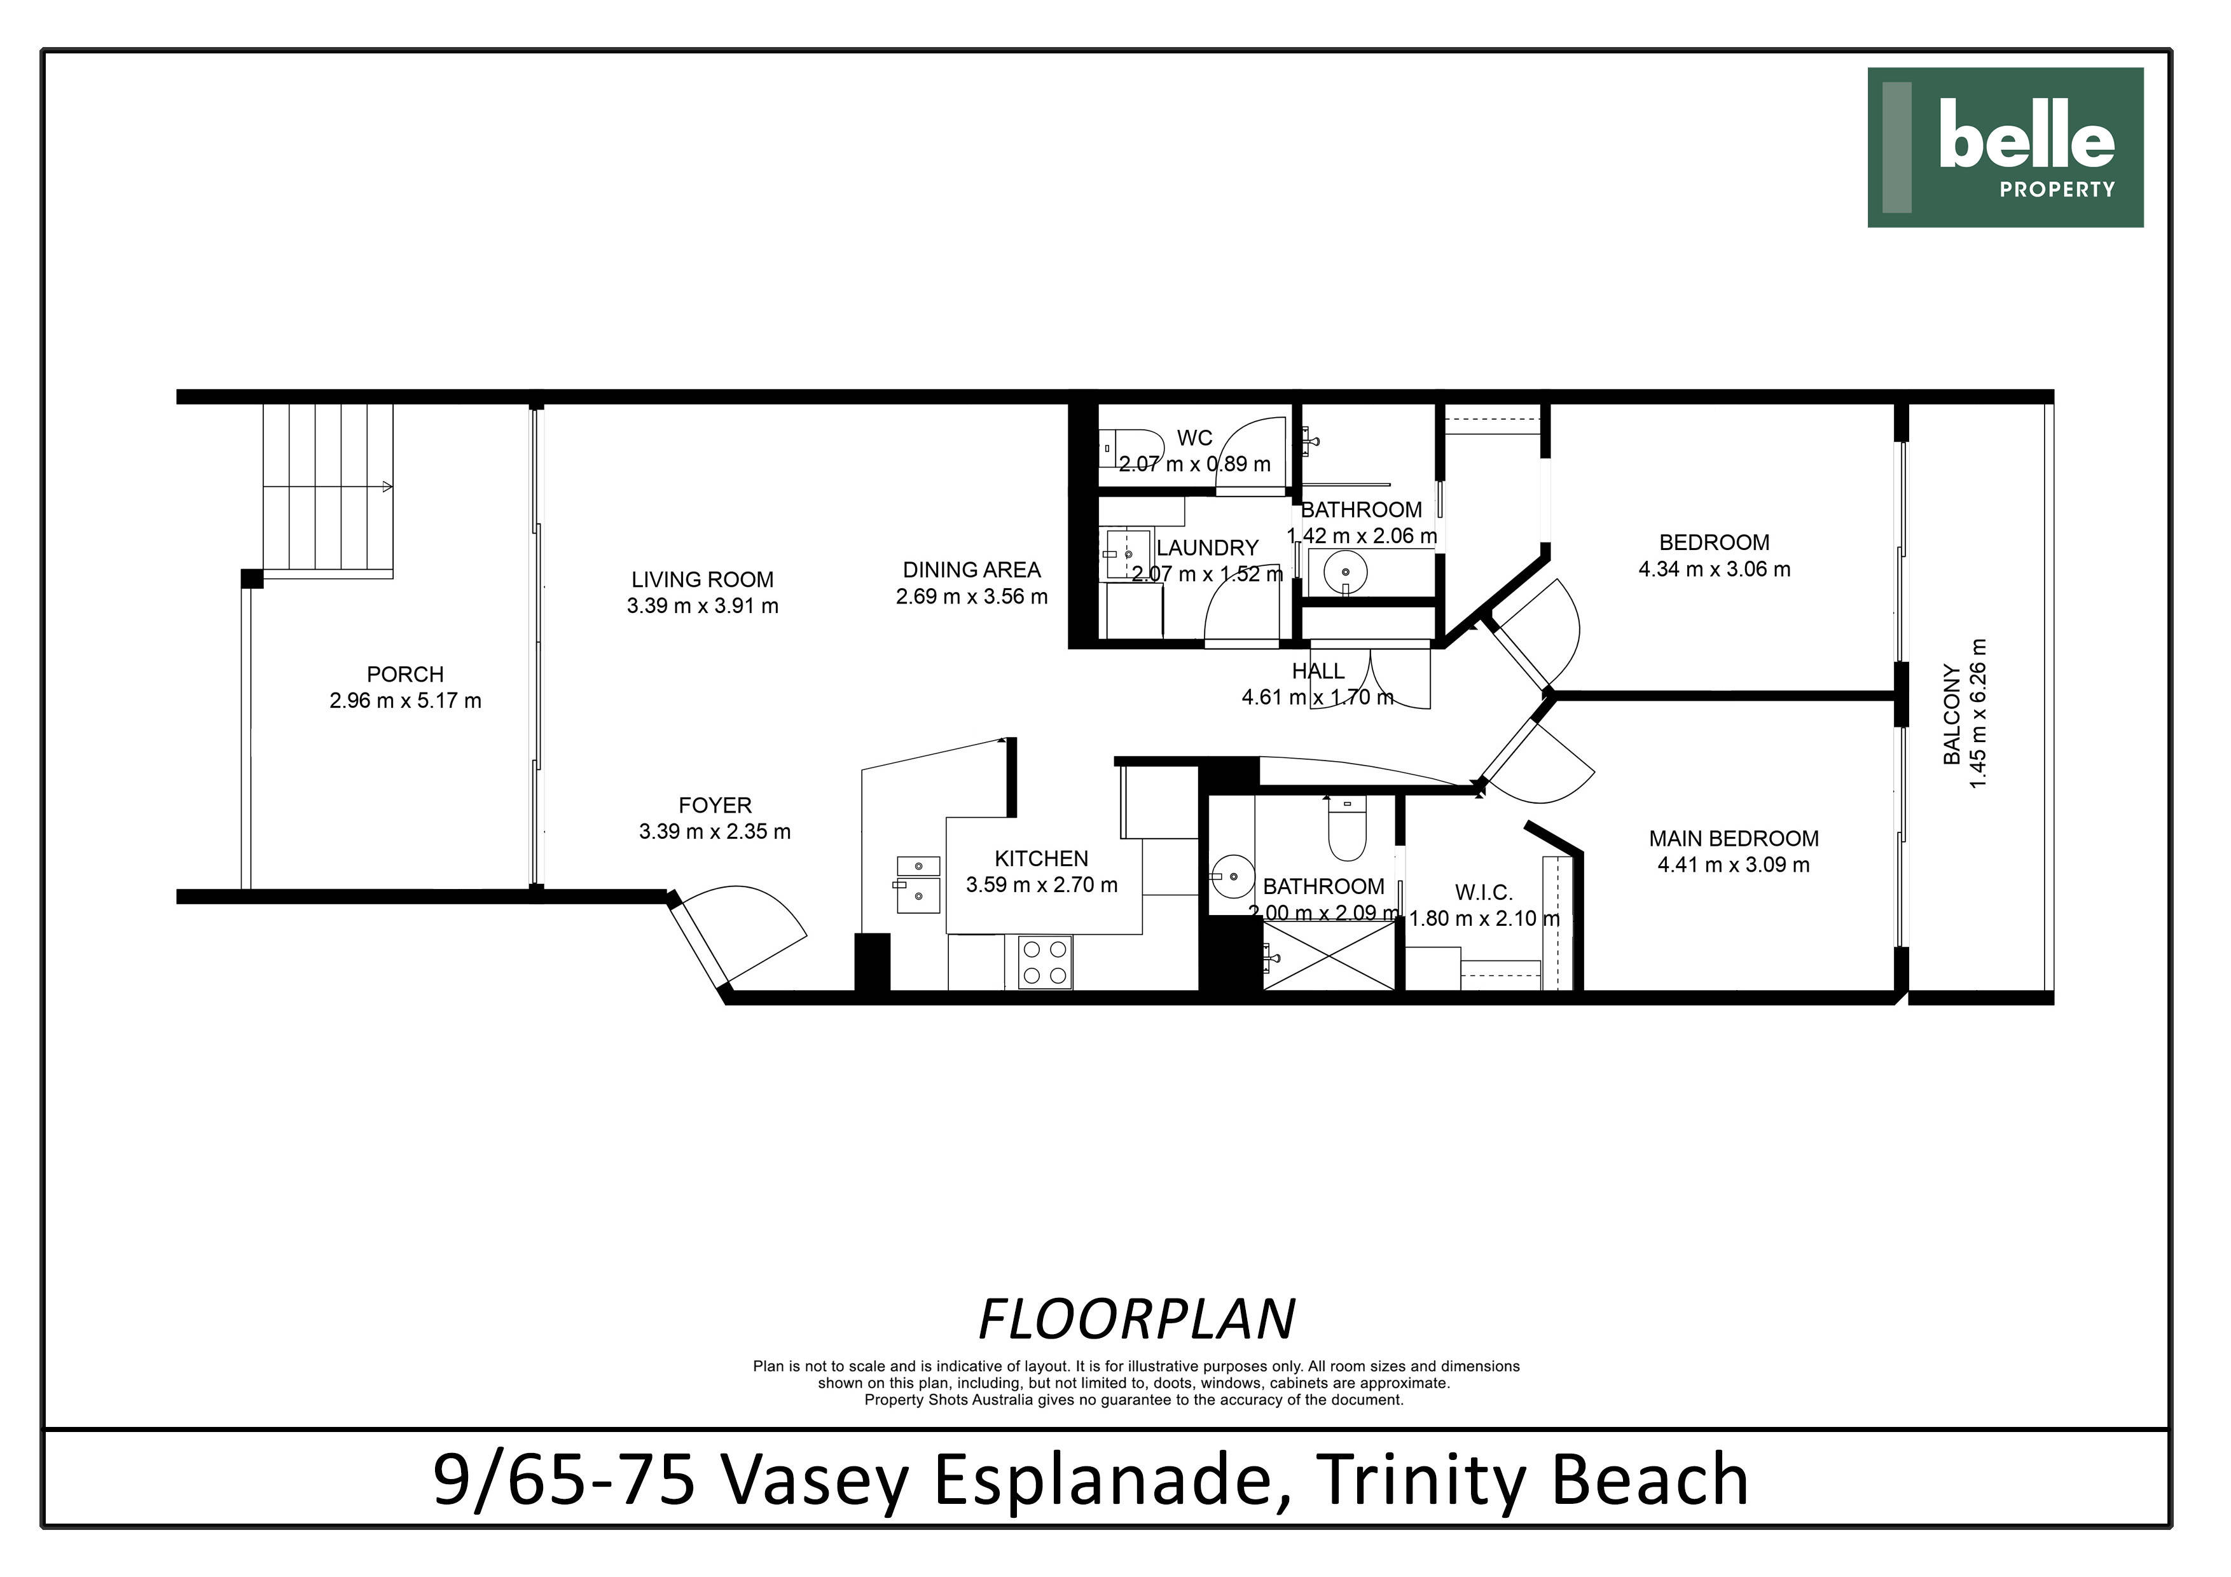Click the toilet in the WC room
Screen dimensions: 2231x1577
click(x=1130, y=448)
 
